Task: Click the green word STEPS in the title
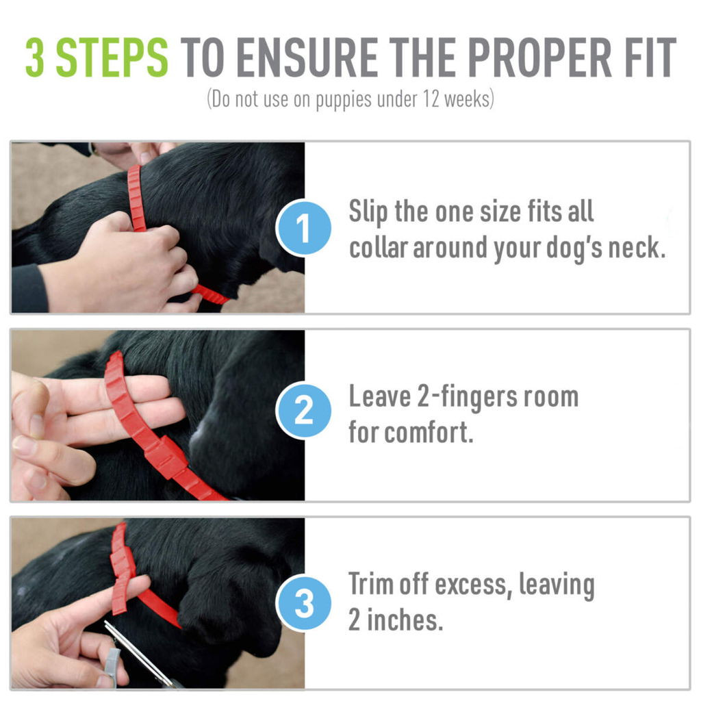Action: click(112, 58)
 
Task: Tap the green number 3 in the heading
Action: click(35, 58)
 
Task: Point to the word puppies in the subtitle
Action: click(344, 100)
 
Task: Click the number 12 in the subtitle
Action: click(431, 99)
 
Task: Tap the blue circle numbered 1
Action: click(303, 228)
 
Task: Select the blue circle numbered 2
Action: click(303, 411)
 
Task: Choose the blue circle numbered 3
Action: click(303, 602)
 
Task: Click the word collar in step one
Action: click(378, 247)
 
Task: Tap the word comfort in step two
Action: click(429, 433)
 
